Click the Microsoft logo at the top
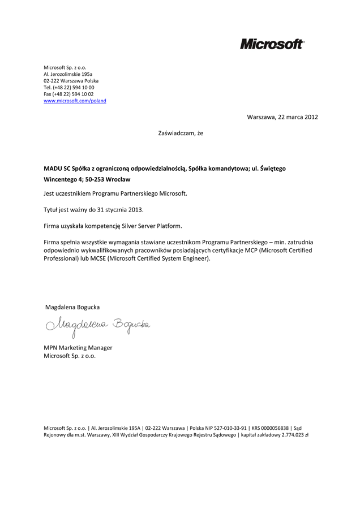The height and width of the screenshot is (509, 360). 272,44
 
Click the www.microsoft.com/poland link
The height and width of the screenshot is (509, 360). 75,101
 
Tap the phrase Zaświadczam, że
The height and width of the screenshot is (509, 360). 180,133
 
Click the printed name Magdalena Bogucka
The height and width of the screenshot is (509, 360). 72,307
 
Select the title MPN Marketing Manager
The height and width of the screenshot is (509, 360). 78,347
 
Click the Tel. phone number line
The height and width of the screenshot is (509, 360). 68,87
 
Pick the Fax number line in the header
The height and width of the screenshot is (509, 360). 68,94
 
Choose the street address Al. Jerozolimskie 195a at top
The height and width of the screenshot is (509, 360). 68,74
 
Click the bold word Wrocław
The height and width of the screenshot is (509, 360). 118,179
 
